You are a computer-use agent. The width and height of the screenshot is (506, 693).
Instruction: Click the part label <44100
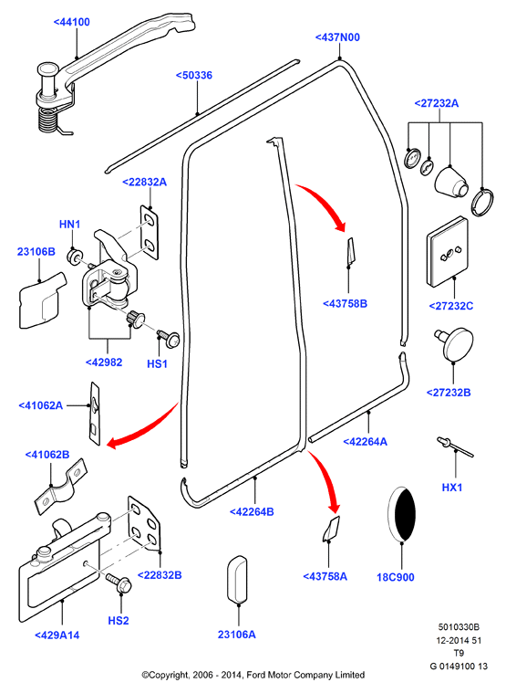click(71, 22)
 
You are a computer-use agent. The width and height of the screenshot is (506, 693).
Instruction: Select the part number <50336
click(194, 75)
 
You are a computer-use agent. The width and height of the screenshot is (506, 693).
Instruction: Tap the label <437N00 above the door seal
click(337, 37)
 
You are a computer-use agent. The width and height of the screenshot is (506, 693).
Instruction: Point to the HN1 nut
click(74, 257)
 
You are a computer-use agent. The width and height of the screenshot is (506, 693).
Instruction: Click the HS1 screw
click(169, 338)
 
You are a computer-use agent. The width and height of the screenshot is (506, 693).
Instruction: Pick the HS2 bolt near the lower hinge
click(118, 583)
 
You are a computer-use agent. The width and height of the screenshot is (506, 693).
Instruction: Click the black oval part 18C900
click(401, 514)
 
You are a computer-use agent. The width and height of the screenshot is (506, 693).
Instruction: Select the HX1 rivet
click(455, 446)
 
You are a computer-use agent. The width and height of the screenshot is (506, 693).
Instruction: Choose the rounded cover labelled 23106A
click(237, 580)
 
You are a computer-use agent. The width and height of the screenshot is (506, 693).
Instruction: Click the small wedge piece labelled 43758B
click(350, 253)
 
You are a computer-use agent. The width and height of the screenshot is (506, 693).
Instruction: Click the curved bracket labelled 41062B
click(59, 487)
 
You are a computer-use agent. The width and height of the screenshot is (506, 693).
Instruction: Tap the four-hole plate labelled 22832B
click(144, 523)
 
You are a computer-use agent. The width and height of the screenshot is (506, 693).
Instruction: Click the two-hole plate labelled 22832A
click(150, 232)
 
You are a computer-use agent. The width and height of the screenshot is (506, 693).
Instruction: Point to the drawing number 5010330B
click(459, 627)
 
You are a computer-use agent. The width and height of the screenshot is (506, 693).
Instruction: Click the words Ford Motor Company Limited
click(305, 676)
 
